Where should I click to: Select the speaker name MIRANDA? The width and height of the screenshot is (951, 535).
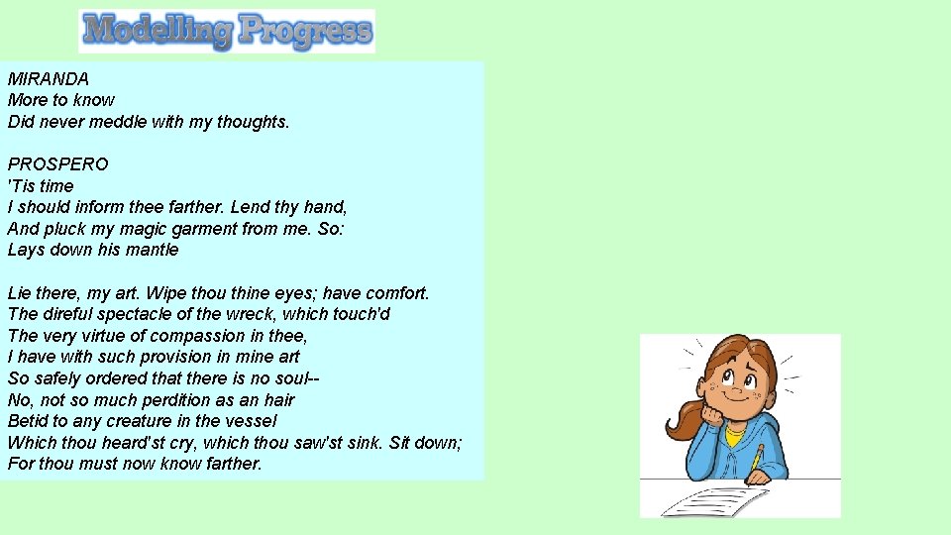point(48,78)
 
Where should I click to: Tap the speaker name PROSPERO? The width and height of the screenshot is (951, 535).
point(57,163)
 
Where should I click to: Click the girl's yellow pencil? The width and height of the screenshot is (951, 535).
point(758,459)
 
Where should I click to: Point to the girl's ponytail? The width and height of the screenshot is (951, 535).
point(684,416)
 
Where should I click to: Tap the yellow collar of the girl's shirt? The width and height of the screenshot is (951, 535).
point(734,434)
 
